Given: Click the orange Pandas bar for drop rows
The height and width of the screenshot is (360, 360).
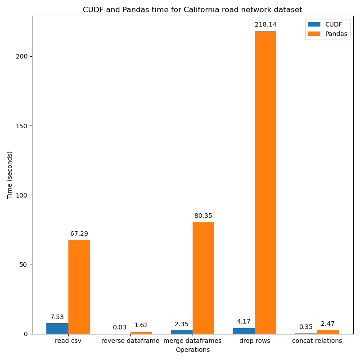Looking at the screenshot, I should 265,182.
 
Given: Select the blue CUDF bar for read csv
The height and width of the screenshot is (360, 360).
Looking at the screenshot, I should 57,328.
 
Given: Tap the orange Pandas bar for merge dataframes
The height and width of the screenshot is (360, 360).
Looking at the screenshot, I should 203,278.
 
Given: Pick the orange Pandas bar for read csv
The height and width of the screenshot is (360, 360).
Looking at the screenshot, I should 79,287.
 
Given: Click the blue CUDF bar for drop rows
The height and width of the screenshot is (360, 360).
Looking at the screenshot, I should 243,331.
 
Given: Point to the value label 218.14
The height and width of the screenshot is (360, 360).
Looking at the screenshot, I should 265,25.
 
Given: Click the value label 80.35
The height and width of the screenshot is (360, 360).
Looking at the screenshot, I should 203,216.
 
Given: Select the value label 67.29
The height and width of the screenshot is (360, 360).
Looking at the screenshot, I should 79,234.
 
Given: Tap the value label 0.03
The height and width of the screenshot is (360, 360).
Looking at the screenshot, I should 120,328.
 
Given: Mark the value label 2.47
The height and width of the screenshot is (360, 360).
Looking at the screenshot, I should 328,324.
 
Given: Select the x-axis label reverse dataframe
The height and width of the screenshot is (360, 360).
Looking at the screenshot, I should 130,341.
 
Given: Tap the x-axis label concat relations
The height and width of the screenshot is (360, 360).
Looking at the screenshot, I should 317,341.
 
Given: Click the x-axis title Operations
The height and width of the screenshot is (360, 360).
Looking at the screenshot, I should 193,350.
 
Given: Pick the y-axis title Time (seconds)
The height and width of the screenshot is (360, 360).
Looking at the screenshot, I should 9,175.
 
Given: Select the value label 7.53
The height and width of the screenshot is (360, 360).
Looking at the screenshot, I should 57,317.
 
